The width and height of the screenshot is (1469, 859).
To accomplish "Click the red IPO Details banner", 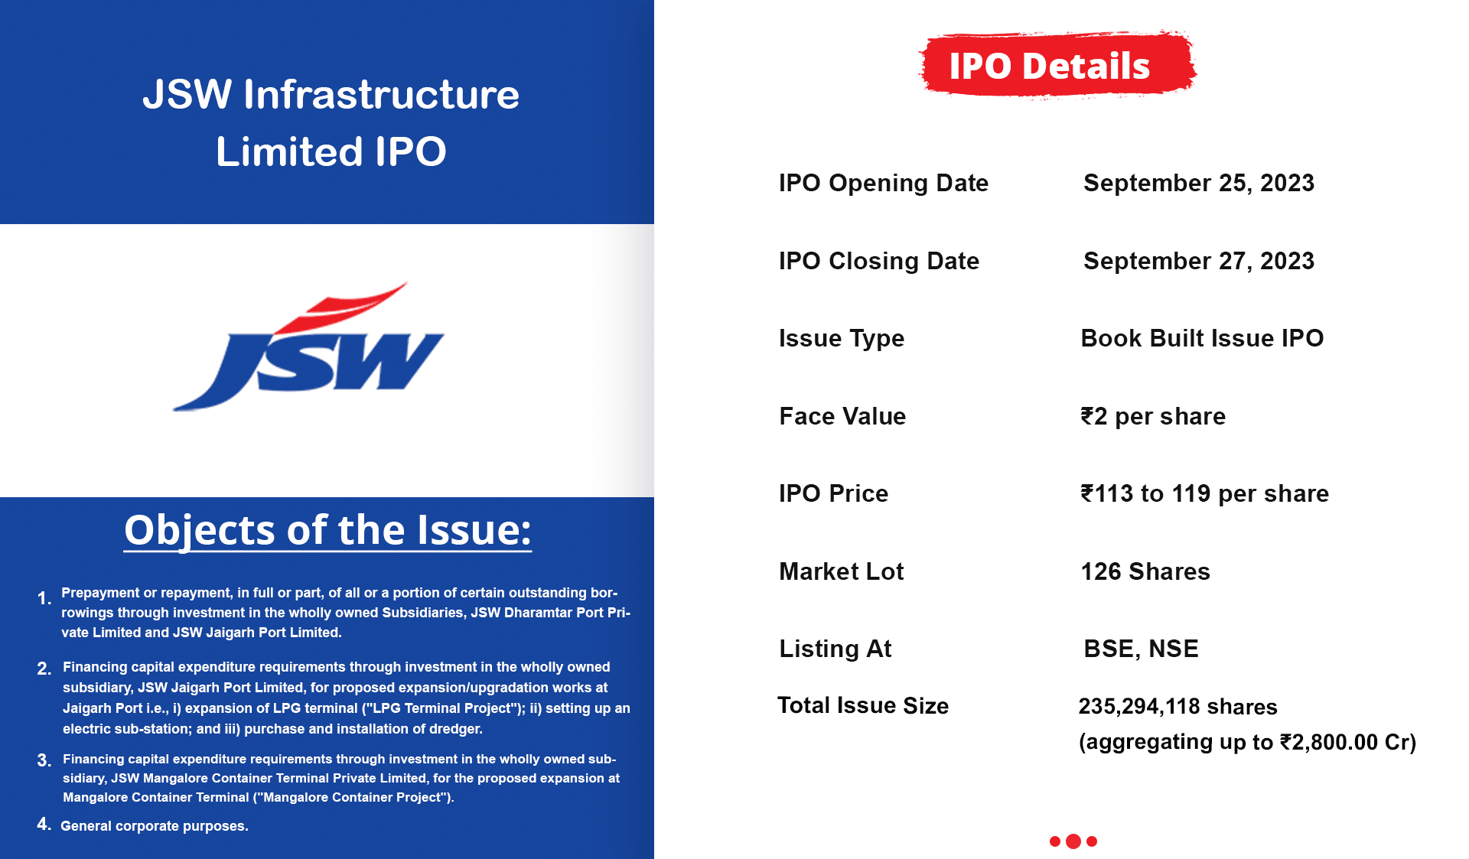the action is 1057,65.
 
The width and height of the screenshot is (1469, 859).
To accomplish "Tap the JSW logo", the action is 308,347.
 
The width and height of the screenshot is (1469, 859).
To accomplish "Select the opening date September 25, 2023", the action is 1198,184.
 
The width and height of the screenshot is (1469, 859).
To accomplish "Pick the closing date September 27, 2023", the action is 1198,262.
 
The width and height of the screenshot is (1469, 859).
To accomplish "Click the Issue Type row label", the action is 841,339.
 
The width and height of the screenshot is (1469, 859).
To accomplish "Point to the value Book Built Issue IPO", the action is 1202,338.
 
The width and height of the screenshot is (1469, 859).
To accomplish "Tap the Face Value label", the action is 842,416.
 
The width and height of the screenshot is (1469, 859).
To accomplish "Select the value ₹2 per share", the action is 1153,417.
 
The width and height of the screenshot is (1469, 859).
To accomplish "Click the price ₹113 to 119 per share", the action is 1204,494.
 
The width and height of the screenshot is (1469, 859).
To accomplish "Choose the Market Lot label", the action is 841,571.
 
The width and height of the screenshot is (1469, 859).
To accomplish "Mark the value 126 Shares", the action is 1145,571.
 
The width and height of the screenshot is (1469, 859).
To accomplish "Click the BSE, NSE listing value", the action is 1141,649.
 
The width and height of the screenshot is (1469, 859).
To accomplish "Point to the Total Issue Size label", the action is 863,705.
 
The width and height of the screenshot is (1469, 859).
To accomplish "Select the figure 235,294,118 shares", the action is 1177,707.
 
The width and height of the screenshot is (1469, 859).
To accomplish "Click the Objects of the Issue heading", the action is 327,530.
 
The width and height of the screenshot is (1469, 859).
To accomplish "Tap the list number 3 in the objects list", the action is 44,760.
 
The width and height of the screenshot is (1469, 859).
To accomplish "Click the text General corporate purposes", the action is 155,826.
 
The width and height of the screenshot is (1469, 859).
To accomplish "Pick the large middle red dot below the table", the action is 1073,841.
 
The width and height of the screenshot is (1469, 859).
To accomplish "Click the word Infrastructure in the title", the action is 381,95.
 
